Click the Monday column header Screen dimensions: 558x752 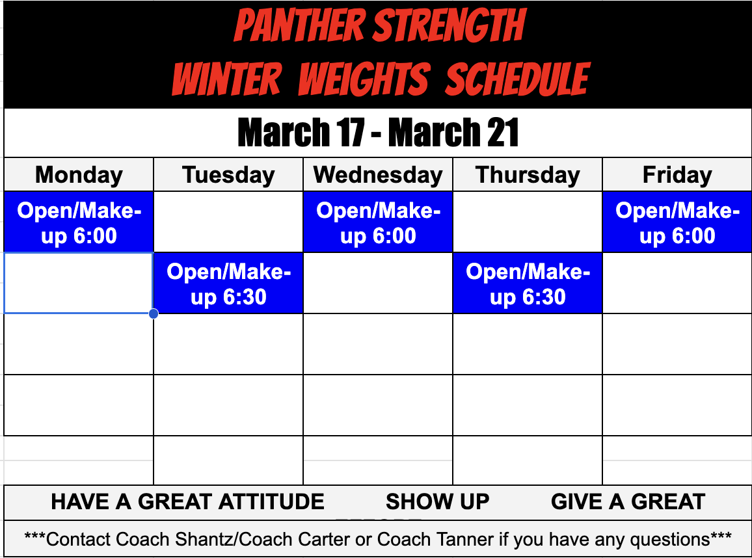[x=79, y=175]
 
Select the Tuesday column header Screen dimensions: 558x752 [x=228, y=175]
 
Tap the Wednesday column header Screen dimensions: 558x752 [x=378, y=175]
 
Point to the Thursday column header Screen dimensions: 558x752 [x=528, y=175]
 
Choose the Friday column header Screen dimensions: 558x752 [x=677, y=175]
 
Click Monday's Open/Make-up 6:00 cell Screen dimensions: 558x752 [x=79, y=222]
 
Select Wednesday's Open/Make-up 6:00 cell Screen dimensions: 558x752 [x=378, y=222]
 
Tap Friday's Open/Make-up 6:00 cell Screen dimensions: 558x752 [x=677, y=222]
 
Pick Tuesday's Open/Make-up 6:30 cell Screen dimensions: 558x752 [x=228, y=284]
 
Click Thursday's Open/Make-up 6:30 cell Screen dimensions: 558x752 [x=528, y=284]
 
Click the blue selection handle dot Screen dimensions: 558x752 [x=154, y=314]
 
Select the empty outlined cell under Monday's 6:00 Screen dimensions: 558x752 [x=79, y=284]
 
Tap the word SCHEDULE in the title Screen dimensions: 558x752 [x=518, y=79]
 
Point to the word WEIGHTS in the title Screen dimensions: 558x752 [x=364, y=79]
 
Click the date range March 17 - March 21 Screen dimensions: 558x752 [x=378, y=133]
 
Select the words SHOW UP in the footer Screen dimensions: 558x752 [x=437, y=501]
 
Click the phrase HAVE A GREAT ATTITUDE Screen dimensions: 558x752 [x=187, y=501]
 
